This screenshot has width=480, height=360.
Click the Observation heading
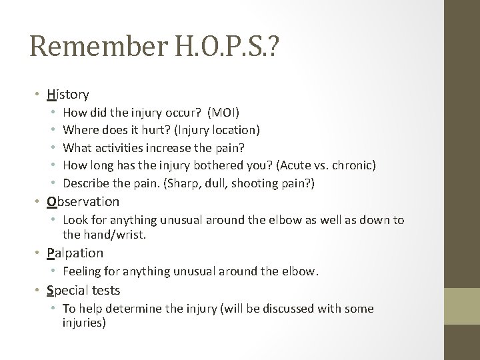coord(83,201)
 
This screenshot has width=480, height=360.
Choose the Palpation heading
coord(75,253)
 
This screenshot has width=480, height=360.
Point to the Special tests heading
coord(83,290)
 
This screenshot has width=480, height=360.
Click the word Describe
coord(85,181)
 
